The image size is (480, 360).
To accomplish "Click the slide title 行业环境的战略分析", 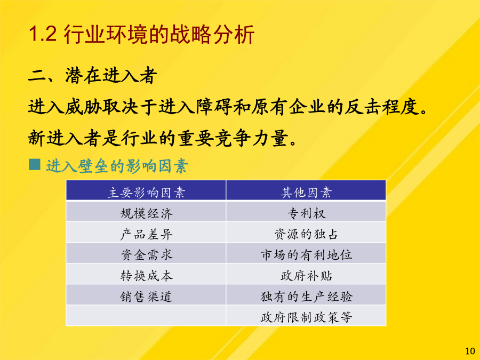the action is [159, 34].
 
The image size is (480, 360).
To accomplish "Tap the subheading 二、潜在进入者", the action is [92, 75].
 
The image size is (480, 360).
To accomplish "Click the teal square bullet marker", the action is [35, 164].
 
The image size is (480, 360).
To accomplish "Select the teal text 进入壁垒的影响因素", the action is [117, 166].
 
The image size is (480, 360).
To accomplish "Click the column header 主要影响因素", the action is [146, 193].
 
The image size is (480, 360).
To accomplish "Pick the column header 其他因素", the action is [306, 193].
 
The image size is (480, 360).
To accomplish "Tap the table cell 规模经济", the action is [146, 213].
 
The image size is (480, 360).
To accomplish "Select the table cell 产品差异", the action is [146, 234].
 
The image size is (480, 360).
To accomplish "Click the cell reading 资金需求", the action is [146, 255].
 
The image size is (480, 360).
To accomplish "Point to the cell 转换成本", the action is [146, 276].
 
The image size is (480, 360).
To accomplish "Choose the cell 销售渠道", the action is [146, 297].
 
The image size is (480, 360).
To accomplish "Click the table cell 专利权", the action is [306, 213].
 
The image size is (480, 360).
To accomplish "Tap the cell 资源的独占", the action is [306, 234].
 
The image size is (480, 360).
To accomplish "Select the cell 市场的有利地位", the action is [306, 255].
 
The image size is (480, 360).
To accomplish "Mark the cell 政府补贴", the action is [306, 276].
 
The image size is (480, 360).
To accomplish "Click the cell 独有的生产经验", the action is [306, 297].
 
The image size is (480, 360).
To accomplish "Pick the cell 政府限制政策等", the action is [306, 317].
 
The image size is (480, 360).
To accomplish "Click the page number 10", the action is [470, 351].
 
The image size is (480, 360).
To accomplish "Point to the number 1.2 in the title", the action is [42, 34].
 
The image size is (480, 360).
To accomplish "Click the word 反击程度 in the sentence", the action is [382, 107].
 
